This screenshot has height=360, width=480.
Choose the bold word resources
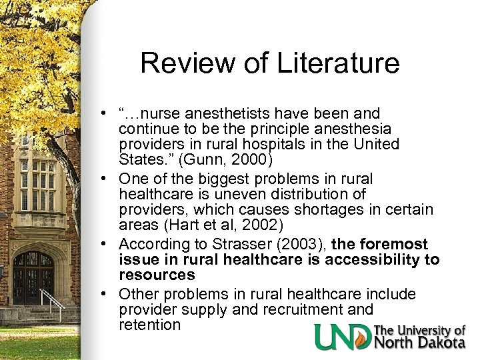(157, 275)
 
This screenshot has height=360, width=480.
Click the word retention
(149, 325)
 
